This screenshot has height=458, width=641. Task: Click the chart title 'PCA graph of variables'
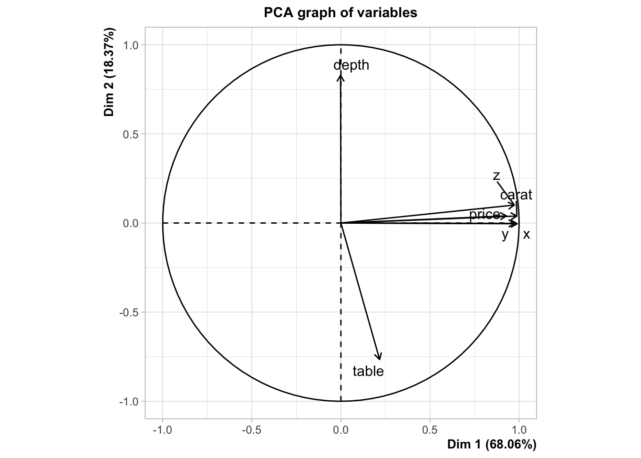341,13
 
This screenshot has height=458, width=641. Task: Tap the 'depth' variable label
352,65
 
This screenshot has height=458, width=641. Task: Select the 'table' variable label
368,371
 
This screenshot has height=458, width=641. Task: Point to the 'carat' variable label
516,195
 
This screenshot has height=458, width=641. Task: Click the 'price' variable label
485,215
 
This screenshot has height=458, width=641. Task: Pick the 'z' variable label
496,176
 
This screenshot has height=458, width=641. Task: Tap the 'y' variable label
506,235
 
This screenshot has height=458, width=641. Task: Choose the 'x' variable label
527,234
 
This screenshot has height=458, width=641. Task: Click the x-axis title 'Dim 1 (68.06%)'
492,444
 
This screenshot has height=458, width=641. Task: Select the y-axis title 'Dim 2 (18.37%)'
109,72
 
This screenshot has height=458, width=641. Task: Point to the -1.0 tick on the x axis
163,430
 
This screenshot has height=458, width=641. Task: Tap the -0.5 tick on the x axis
251,430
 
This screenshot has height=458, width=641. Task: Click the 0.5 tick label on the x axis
430,430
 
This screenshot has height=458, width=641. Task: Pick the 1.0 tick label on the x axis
519,430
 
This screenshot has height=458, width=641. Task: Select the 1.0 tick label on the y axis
131,45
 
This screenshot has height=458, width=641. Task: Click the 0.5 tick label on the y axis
131,134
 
